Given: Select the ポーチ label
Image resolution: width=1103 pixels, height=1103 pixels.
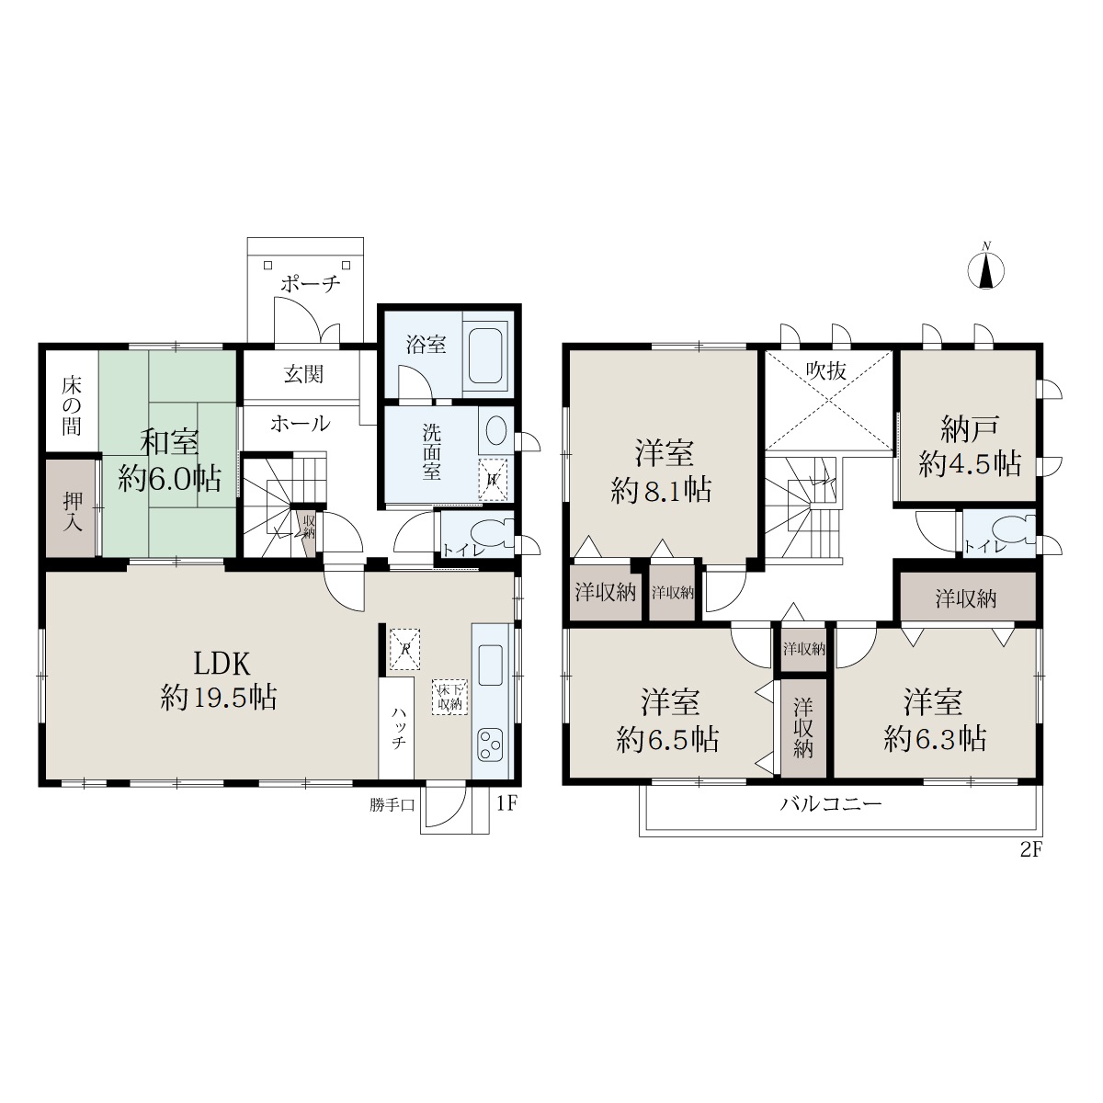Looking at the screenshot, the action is [x=311, y=284].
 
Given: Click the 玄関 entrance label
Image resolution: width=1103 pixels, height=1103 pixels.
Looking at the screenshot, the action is [x=303, y=374].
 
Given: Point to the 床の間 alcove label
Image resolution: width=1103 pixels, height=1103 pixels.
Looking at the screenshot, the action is [x=72, y=406].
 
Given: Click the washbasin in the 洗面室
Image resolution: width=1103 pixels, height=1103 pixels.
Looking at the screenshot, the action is [x=495, y=429].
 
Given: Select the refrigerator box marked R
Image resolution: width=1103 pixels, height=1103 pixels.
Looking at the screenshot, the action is [x=404, y=649].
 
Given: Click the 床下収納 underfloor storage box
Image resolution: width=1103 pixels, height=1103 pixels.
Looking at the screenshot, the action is [x=449, y=697].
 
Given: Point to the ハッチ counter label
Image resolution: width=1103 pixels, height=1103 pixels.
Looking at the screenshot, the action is [x=399, y=727].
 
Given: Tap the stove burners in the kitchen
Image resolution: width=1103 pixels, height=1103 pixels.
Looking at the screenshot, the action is [x=489, y=745].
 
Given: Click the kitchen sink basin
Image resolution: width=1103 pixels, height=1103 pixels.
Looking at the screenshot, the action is [x=490, y=665].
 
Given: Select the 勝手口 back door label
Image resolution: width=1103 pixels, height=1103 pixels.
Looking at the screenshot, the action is [x=392, y=806].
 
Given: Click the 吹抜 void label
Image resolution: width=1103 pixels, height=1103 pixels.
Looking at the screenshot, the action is [x=826, y=371].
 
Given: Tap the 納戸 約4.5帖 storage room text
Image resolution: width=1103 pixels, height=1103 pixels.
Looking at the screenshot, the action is [x=969, y=447].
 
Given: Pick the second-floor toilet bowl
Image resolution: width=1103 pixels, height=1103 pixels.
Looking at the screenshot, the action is [x=1014, y=530].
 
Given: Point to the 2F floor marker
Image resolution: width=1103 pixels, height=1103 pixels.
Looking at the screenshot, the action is [x=1031, y=850].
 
